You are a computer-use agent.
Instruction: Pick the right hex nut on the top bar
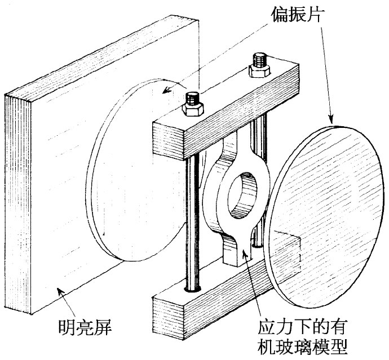click(259, 66)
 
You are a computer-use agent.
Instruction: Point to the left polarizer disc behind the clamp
click(130, 169)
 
